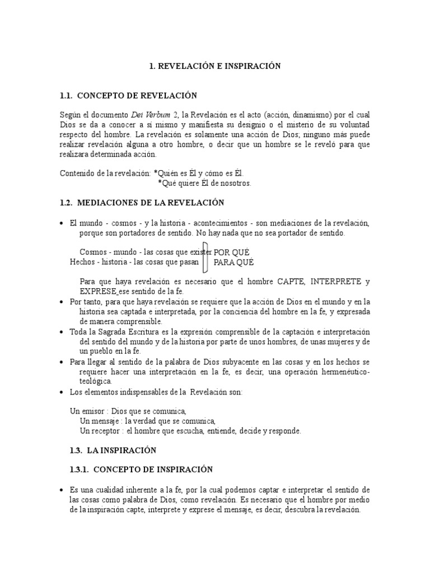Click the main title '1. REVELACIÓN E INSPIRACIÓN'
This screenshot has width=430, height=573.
pos(214,66)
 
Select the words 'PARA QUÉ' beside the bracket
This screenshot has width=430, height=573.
pos(233,262)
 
